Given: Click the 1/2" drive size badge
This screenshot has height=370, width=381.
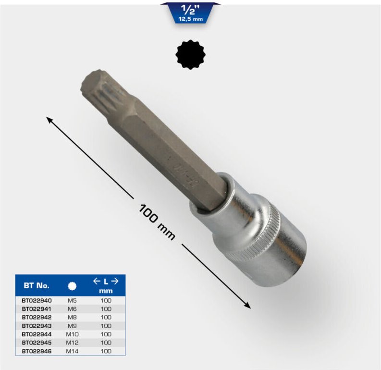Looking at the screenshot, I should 191,12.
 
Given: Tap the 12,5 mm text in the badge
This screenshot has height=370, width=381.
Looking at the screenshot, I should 191,19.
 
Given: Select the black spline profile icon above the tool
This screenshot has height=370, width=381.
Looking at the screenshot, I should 190,55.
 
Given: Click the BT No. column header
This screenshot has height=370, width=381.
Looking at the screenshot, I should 37,285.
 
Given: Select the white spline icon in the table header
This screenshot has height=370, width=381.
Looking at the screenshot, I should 72,285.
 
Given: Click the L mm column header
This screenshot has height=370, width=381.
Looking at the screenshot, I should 105,285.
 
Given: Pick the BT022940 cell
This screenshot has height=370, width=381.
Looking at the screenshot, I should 37,300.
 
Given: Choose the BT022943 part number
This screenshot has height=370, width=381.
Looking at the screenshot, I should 37,325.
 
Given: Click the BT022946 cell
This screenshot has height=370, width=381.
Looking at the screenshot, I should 37,351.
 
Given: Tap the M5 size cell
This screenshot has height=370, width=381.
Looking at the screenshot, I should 72,300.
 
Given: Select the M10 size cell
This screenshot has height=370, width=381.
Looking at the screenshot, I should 72,334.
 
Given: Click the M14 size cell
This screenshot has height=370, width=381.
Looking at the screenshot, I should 72,351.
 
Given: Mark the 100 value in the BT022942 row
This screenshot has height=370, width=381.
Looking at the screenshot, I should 105,317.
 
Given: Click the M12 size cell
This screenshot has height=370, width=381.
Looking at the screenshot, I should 72,343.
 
